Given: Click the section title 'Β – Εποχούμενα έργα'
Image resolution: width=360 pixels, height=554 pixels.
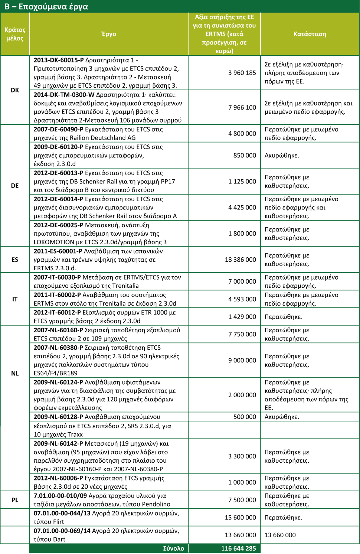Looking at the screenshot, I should tap(46, 7).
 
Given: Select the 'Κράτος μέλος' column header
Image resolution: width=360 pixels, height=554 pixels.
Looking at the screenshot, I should tap(15, 34).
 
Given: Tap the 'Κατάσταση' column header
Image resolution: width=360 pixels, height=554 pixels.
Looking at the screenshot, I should tap(310, 34).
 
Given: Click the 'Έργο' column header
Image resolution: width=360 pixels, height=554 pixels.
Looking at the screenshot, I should tap(109, 34).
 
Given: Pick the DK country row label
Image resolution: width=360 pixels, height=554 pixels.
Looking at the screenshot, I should tap(15, 90).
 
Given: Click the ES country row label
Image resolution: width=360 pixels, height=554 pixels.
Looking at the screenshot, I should tap(15, 260).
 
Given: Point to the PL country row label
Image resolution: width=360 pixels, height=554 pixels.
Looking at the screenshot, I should tap(15, 500).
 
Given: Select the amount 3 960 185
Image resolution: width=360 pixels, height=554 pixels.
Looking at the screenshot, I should tap(242, 73).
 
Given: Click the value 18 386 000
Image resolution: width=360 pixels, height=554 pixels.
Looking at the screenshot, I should tap(240, 260).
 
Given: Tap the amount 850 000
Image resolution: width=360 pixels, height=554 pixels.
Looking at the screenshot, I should tap(245, 155).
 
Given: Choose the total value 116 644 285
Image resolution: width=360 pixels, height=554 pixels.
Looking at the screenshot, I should tap(238, 548).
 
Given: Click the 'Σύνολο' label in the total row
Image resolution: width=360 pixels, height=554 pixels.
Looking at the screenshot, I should tap(173, 548).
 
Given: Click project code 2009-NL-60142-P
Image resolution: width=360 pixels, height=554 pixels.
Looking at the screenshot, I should tap(58, 443).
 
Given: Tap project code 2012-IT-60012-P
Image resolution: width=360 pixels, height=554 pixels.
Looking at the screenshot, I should tap(57, 312).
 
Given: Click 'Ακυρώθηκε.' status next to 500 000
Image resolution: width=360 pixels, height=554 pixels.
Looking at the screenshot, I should tap(282, 417).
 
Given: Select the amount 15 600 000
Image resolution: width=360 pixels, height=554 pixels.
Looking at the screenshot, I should tap(240, 517).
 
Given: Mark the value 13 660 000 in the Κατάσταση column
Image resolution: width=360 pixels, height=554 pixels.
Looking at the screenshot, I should tap(280, 535).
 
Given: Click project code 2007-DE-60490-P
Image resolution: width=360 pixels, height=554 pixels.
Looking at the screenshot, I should tap(58, 129).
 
